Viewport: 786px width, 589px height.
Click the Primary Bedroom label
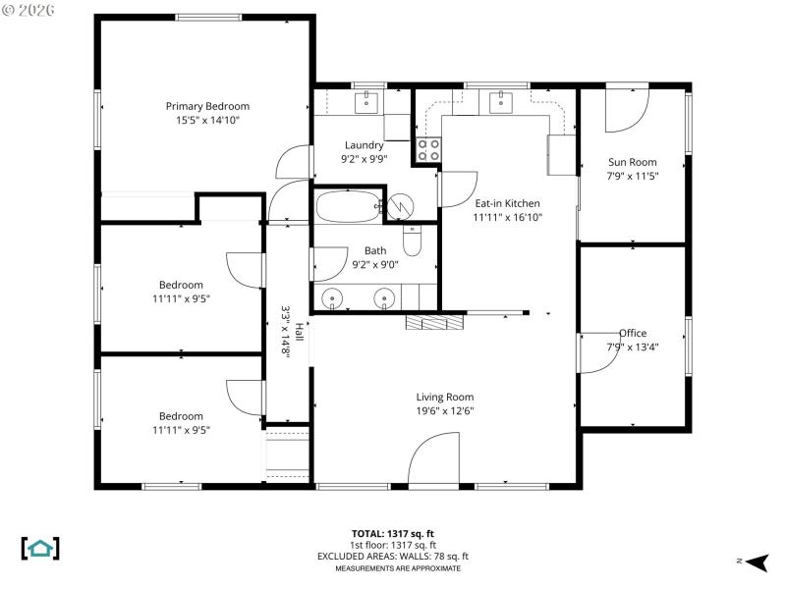pos(207,106)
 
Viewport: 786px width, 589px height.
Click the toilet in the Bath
pos(413,241)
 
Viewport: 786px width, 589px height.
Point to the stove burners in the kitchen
pos(428,149)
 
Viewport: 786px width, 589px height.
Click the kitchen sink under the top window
pos(501,99)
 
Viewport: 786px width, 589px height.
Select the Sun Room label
pos(632,162)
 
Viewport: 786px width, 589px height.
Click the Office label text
pos(633,333)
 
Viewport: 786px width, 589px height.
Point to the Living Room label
pos(445,398)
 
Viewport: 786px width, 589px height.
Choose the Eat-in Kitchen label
pos(507,203)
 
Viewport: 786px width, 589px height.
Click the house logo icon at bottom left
pos(40,548)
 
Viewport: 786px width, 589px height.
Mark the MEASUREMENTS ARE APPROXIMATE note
pos(398,568)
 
